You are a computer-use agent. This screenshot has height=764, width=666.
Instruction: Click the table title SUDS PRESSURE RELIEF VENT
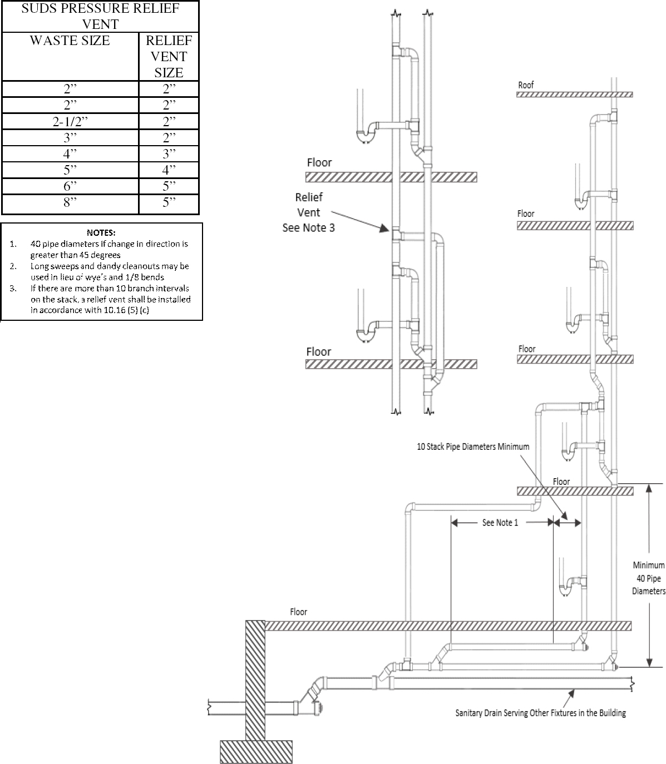100,17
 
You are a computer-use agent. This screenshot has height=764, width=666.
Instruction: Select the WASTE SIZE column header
70,41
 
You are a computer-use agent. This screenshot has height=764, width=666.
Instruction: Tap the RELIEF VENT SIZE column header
169,57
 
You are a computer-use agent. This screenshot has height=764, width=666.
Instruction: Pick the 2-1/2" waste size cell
70,122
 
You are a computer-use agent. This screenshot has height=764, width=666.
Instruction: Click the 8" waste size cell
70,202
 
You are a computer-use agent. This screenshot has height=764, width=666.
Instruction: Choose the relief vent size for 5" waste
169,170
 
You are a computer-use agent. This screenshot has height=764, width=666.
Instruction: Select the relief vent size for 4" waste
169,154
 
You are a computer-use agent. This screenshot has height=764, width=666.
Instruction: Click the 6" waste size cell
70,186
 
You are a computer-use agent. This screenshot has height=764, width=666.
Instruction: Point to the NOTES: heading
101,232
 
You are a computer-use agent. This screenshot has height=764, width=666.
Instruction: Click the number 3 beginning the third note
13,288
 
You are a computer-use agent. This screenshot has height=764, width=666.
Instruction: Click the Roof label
526,85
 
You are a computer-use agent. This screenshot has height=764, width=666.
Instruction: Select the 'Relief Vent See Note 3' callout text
309,212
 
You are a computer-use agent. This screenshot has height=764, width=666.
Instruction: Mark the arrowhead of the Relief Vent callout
384,228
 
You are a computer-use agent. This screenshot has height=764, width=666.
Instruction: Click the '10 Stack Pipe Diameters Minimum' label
473,447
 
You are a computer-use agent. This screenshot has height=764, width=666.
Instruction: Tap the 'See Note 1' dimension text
500,523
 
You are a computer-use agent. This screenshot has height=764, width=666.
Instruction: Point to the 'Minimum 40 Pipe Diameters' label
648,578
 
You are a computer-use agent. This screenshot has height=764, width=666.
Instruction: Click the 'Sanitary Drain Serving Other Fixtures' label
540,713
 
